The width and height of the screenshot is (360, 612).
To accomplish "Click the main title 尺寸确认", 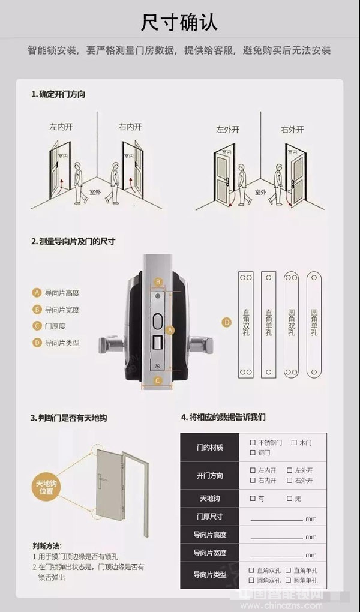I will [x=179, y=22].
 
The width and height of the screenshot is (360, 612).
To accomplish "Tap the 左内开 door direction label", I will [x=61, y=127].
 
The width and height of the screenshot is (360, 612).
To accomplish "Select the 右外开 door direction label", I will [x=293, y=130].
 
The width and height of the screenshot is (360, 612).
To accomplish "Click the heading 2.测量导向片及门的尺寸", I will [x=73, y=241].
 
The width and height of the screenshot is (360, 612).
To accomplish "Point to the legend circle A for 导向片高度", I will [x=37, y=293].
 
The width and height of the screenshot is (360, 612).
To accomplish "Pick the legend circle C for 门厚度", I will [x=37, y=326].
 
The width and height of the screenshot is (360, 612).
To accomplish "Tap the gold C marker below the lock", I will [x=158, y=380].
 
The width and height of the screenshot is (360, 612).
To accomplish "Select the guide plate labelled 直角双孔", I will [x=246, y=325].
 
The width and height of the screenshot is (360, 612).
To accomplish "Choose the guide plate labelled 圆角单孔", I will [x=315, y=325].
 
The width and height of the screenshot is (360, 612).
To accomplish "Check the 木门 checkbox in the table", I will [x=294, y=442].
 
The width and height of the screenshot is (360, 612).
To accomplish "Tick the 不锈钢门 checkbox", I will [x=253, y=442].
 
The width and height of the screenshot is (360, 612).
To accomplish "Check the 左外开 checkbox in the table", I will [x=290, y=470].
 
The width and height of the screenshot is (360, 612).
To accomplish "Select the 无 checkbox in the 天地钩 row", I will [x=290, y=498].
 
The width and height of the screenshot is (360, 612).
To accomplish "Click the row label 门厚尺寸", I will [x=209, y=516].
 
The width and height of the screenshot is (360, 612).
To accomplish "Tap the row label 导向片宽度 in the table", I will [x=209, y=553].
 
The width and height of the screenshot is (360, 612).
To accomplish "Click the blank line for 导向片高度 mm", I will [x=277, y=537].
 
